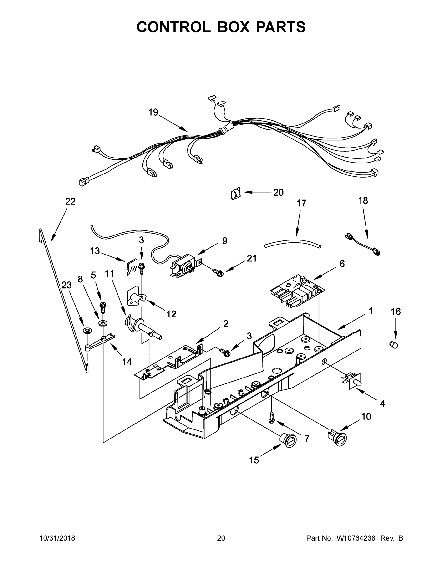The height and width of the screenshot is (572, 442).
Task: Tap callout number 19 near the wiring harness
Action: (x=153, y=112)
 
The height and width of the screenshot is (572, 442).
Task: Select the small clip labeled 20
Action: (x=235, y=194)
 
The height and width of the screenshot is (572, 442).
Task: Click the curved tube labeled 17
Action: (x=293, y=244)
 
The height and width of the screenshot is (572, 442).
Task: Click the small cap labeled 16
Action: (x=394, y=345)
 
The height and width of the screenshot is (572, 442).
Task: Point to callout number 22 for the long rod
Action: (x=70, y=201)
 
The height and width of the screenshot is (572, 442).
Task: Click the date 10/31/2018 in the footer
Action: (x=57, y=538)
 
